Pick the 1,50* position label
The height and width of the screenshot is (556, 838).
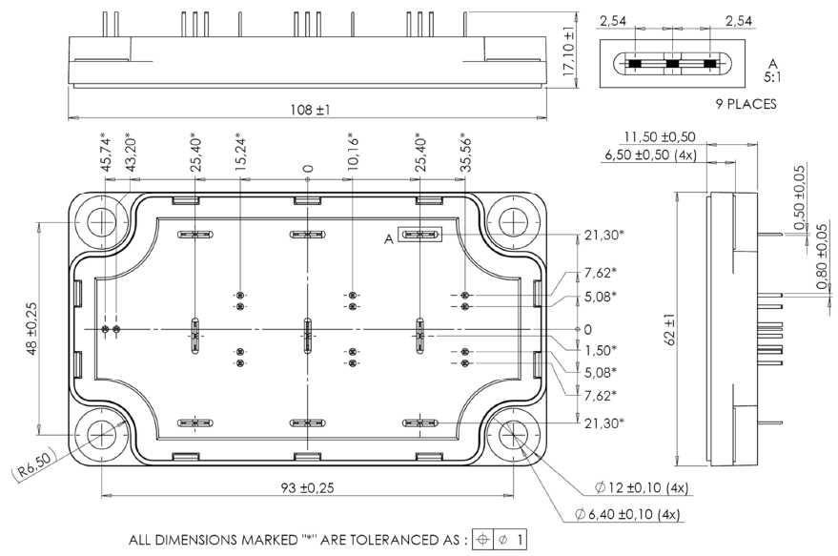pos(601,350)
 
